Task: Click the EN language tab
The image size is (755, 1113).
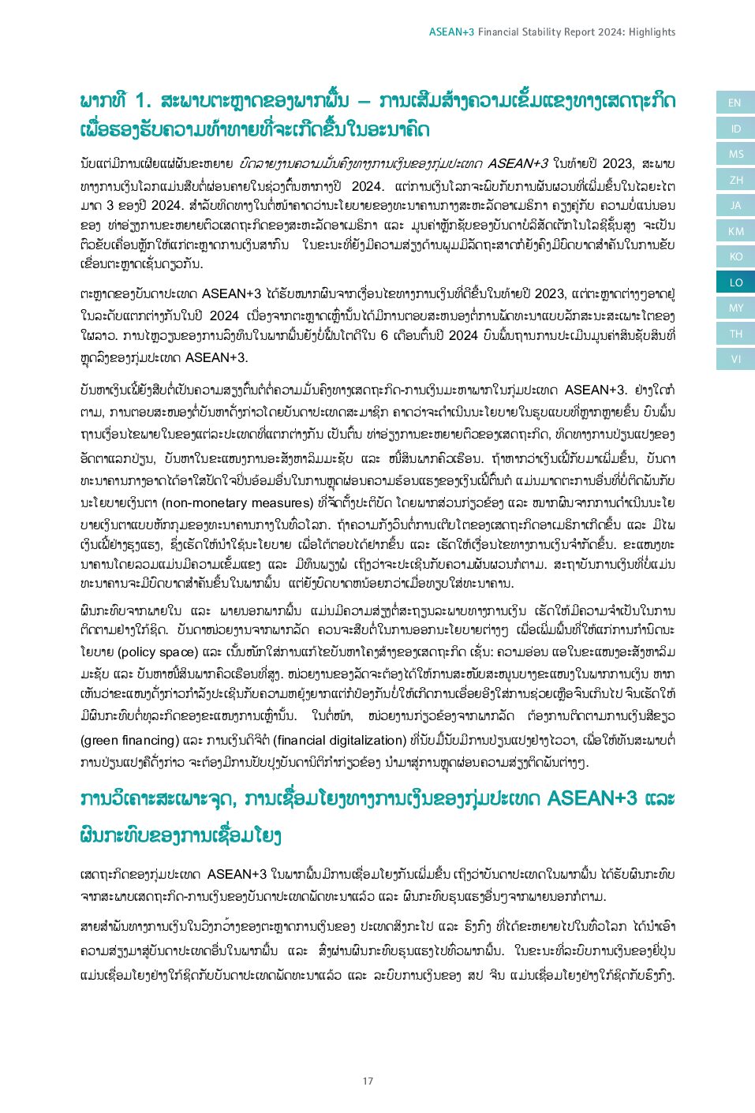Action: (x=734, y=103)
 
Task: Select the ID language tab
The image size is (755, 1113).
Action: (x=734, y=129)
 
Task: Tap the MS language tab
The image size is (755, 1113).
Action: (x=734, y=155)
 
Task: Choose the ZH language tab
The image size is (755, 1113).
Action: (x=734, y=180)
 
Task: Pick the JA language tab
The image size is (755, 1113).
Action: (x=734, y=206)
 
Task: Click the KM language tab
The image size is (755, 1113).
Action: (x=734, y=231)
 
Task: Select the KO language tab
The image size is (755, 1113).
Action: (x=734, y=257)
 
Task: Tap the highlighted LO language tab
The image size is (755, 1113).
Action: (x=734, y=282)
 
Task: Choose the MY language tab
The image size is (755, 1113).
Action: (x=734, y=308)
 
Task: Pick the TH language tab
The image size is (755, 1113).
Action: (x=734, y=334)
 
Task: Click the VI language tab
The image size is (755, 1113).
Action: (x=734, y=360)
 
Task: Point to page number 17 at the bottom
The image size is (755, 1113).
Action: (x=368, y=1081)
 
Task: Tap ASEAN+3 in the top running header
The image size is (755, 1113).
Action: (x=451, y=32)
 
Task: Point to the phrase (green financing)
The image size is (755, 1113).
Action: (x=130, y=740)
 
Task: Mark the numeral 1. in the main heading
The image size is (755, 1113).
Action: (x=143, y=101)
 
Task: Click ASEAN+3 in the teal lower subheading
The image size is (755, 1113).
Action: (x=592, y=798)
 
